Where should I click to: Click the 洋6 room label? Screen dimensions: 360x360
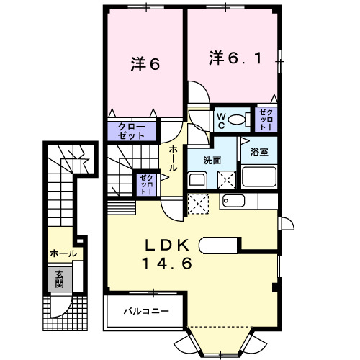pyautogui.click(x=145, y=64)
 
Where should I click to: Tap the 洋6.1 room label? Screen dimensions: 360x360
pyautogui.click(x=233, y=57)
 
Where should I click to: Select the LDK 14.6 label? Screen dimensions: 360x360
pyautogui.click(x=170, y=254)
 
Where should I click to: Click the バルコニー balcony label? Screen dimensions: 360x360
pyautogui.click(x=145, y=312)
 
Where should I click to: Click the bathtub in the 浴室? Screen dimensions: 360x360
pyautogui.click(x=258, y=177)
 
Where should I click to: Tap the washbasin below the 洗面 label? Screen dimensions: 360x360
pyautogui.click(x=196, y=178)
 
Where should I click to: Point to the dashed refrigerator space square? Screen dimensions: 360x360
pyautogui.click(x=197, y=204)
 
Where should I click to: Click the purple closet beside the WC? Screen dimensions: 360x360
pyautogui.click(x=265, y=119)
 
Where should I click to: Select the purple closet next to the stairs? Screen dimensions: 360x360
pyautogui.click(x=146, y=184)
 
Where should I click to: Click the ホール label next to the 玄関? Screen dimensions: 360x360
pyautogui.click(x=63, y=254)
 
